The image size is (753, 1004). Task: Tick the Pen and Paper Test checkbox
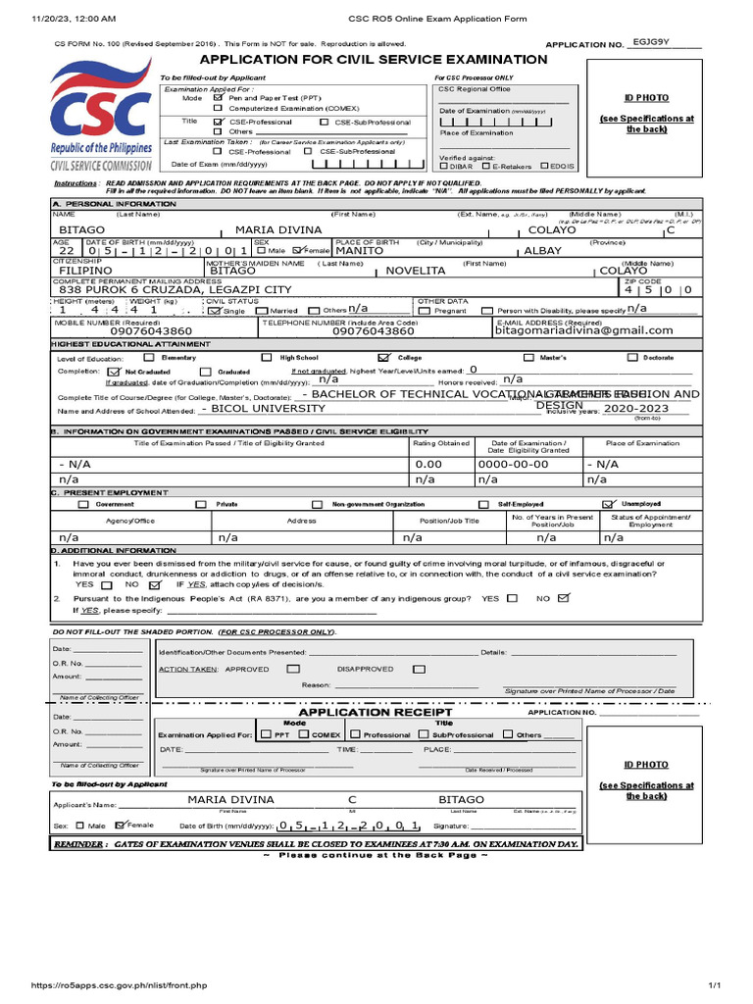pyautogui.click(x=219, y=98)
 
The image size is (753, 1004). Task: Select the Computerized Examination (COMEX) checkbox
pyautogui.click(x=219, y=109)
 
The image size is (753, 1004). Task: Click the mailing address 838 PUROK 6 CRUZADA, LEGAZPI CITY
pyautogui.click(x=176, y=289)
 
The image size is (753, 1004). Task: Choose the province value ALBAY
pyautogui.click(x=544, y=250)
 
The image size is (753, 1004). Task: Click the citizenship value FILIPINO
pyautogui.click(x=85, y=270)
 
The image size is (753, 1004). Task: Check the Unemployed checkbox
pyautogui.click(x=608, y=504)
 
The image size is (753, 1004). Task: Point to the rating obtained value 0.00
pyautogui.click(x=428, y=464)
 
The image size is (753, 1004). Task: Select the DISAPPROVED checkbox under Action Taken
pyautogui.click(x=419, y=669)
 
